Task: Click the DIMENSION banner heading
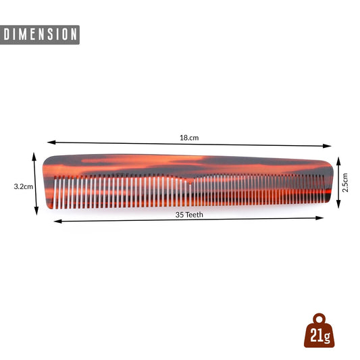(41, 34)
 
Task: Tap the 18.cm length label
(189, 138)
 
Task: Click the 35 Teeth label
(189, 215)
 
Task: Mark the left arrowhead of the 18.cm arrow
(50, 143)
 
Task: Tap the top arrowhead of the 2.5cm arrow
(338, 159)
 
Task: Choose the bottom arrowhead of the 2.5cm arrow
(338, 203)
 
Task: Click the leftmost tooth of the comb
(55, 192)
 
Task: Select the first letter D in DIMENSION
(7, 34)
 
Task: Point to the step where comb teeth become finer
(189, 179)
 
